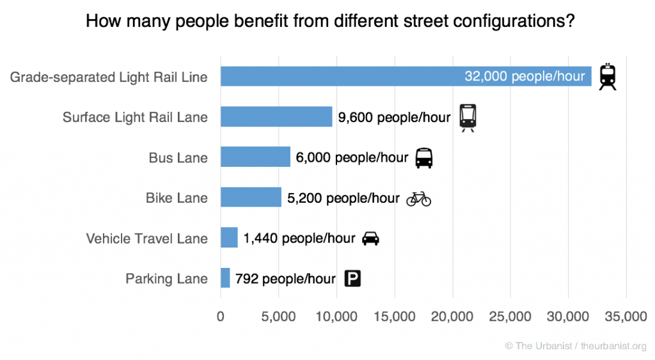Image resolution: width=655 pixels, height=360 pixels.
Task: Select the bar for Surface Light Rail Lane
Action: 276,116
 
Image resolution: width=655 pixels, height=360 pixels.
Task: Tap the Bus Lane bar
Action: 255,157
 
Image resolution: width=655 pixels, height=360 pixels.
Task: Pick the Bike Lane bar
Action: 251,198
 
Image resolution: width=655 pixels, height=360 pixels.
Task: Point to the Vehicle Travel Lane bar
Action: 229,238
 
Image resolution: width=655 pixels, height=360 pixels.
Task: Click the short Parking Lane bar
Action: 225,278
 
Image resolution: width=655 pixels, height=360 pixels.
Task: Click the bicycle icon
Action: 419,198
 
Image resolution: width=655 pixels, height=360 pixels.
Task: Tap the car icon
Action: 370,239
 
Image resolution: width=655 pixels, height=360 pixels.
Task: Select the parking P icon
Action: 352,279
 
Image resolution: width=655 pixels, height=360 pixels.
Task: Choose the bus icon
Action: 424,157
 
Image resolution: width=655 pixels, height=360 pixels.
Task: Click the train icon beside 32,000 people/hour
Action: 608,77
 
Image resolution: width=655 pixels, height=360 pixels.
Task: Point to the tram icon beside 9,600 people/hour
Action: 468,117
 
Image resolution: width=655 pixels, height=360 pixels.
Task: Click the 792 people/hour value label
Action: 285,279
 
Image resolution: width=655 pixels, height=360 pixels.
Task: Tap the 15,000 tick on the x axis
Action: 395,317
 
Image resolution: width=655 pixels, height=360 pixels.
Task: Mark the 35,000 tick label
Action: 626,317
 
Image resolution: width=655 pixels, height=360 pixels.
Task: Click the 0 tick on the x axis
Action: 221,317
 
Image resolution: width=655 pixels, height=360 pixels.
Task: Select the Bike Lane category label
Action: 177,198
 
